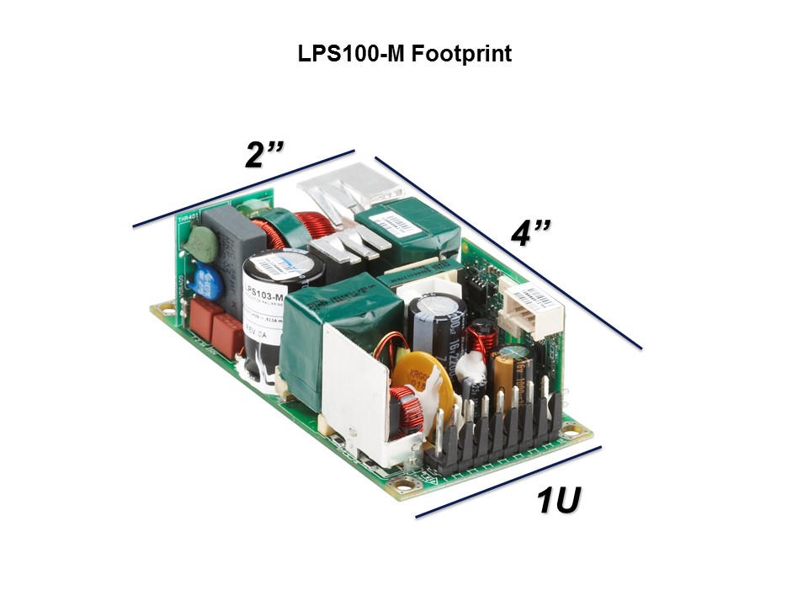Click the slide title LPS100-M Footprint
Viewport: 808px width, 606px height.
404,55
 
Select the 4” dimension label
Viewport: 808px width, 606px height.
531,233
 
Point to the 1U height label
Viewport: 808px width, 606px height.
559,502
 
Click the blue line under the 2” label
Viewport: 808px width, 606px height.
244,189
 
